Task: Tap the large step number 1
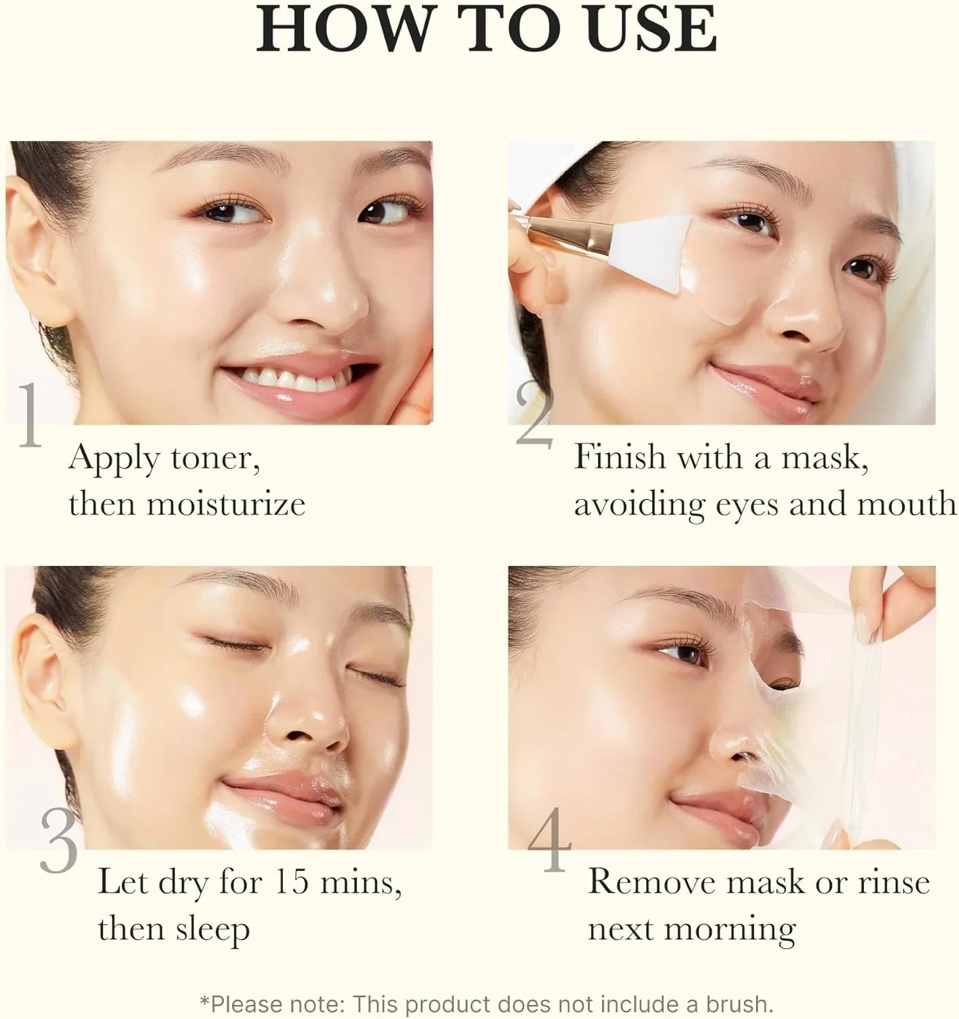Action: pyautogui.click(x=30, y=415)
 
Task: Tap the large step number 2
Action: pyautogui.click(x=535, y=415)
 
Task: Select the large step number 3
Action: pyautogui.click(x=58, y=840)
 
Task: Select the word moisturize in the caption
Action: pyautogui.click(x=225, y=504)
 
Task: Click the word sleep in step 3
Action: pyautogui.click(x=211, y=929)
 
